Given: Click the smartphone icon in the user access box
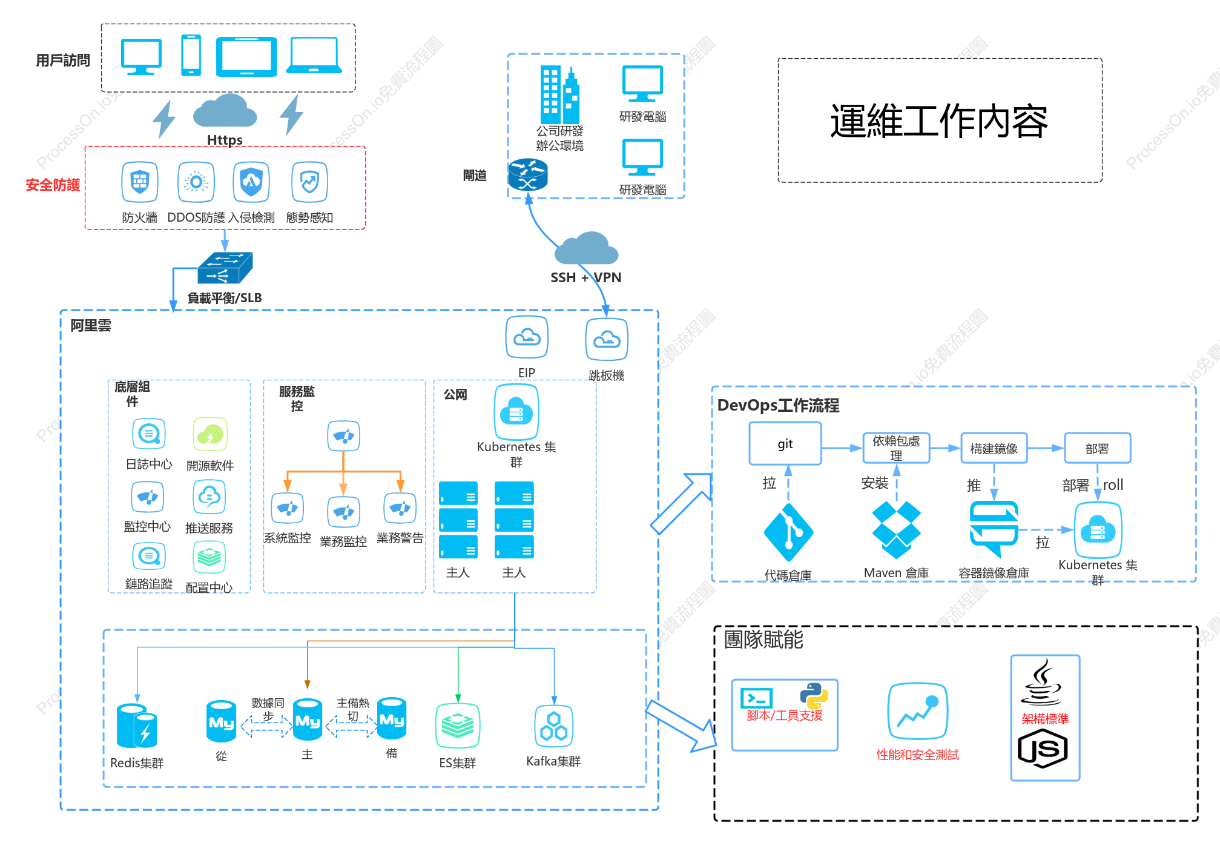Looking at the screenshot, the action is point(191,55).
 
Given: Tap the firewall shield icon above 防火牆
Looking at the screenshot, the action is point(140,182).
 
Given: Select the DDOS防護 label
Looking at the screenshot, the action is point(196,217).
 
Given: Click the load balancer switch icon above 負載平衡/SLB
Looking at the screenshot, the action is point(225,268).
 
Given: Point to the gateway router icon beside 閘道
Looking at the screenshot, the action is point(527,174).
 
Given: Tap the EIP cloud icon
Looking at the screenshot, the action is point(527,337).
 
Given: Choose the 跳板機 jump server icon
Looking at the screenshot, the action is point(606,339).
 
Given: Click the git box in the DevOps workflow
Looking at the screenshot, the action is point(785,443).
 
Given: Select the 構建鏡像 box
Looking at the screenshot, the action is point(994,448).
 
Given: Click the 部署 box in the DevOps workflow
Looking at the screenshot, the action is point(1097,448).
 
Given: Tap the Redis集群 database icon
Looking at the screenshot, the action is point(137,726).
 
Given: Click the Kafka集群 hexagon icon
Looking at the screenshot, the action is point(553,726).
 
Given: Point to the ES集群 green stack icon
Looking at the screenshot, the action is point(458,726).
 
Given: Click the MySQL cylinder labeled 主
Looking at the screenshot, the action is point(308,719).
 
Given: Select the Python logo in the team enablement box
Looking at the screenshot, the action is point(814,696).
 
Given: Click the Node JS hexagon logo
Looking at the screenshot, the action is point(1043,749).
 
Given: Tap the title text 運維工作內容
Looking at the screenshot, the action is point(939,121).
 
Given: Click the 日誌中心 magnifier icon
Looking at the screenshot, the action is point(149,434).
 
